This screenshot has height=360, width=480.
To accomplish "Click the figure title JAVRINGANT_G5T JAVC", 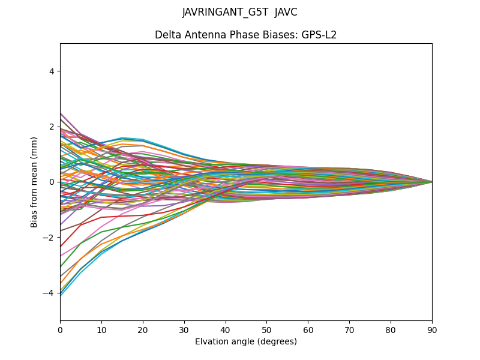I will tap(240, 13).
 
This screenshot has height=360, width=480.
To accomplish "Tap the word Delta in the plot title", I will tap(169, 35).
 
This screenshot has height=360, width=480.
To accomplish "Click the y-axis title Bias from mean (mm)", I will tap(35, 182).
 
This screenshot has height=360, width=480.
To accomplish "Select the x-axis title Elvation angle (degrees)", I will tap(246, 342).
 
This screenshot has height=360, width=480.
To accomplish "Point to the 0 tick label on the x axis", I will tap(60, 329).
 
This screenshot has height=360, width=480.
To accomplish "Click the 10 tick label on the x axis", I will tap(101, 329).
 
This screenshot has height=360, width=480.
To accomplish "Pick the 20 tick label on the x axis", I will tap(143, 329).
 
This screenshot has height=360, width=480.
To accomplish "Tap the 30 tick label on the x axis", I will tap(184, 329).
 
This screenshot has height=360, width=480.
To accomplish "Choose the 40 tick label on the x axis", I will tap(226, 329).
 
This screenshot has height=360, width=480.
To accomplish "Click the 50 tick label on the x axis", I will tap(266, 329).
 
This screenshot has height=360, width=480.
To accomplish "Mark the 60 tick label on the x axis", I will tap(308, 329).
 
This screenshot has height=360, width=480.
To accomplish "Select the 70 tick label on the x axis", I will tap(349, 329).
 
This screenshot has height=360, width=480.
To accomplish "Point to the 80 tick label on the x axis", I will tap(391, 329).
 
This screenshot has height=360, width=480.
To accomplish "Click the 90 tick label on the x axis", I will tap(432, 329).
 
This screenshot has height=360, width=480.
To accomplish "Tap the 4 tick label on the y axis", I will tap(52, 71).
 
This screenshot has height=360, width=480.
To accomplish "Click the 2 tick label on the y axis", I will tap(52, 127).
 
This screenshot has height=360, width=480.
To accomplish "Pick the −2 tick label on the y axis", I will tap(50, 238).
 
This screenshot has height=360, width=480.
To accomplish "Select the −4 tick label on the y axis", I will tap(50, 293).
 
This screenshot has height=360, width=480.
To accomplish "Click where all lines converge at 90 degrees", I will tap(431, 182).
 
